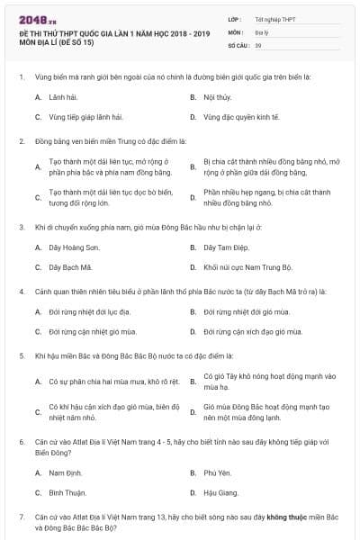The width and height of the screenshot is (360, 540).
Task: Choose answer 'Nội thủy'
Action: click(x=217, y=95)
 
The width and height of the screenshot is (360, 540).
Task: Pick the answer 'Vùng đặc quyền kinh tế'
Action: click(x=240, y=117)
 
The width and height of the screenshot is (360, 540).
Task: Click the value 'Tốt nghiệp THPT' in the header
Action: click(x=274, y=18)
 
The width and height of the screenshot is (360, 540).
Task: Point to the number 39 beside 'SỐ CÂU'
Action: click(x=258, y=44)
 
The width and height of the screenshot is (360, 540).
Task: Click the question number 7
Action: click(x=21, y=518)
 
